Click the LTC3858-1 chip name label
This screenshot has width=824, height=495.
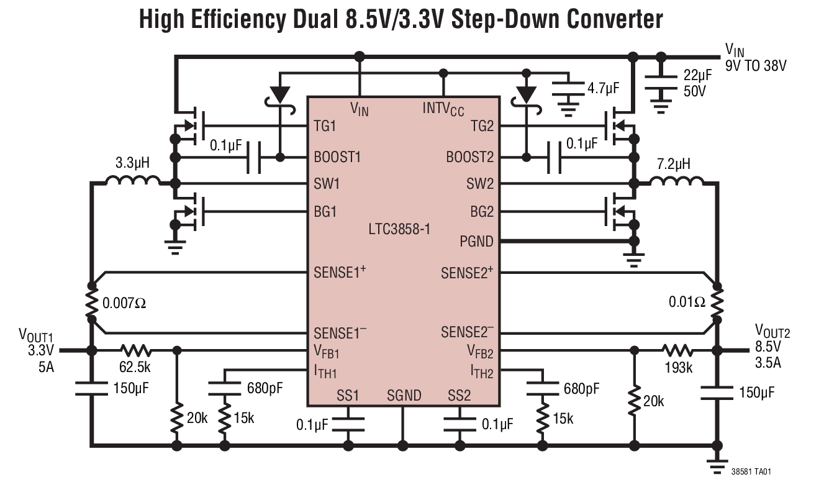399,229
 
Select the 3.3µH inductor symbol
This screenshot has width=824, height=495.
132,181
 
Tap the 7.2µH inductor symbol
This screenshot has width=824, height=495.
676,181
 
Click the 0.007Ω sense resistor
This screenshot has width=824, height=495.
91,303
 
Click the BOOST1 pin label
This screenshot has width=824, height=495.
337,157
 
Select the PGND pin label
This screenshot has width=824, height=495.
477,241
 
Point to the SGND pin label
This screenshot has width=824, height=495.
404,396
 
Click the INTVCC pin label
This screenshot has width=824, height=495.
443,109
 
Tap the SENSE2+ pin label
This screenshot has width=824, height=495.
467,273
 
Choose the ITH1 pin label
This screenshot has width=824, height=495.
325,373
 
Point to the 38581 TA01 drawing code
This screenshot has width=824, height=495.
751,471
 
